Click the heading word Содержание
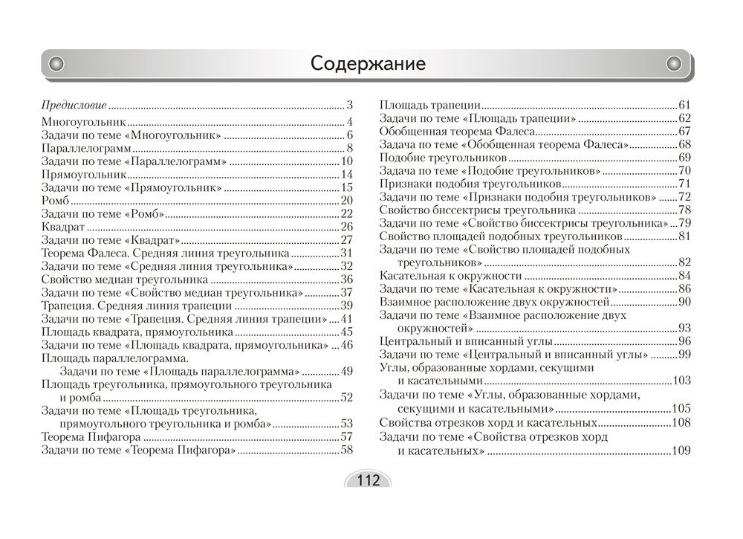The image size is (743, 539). click(368, 63)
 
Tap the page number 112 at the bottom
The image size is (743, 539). click(368, 480)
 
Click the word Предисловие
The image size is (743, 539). click(74, 105)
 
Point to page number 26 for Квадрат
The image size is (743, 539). click(346, 227)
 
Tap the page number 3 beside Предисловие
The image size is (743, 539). click(349, 105)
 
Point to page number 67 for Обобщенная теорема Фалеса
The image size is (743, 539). click(684, 131)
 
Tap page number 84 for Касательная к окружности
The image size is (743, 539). click(684, 275)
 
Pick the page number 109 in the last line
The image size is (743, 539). click(681, 451)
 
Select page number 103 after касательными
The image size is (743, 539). click(681, 381)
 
